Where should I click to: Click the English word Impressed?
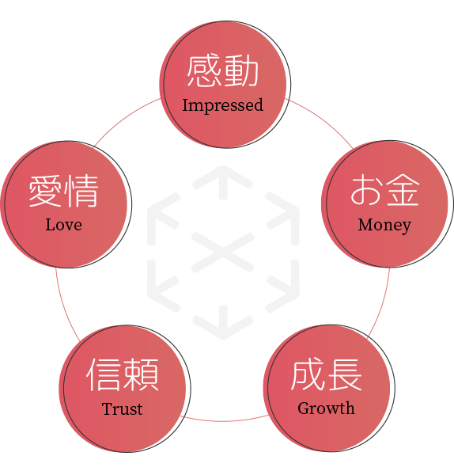(223, 106)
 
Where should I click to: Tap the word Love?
(63, 225)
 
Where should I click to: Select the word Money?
(384, 226)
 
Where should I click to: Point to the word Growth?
(326, 408)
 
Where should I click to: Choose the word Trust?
(122, 408)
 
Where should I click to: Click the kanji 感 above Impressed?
(204, 71)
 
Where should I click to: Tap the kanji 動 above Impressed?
(241, 71)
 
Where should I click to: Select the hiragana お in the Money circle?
(367, 190)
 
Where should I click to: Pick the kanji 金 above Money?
(402, 190)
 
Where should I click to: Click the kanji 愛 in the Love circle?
(46, 191)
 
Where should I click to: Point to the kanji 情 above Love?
(81, 191)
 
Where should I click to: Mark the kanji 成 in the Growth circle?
(308, 374)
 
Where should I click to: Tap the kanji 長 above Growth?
(344, 374)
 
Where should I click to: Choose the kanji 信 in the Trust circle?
(104, 374)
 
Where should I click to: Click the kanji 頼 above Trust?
(141, 374)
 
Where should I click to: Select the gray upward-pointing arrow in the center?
(223, 182)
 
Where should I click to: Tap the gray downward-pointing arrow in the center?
(223, 322)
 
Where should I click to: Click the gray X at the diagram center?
(223, 252)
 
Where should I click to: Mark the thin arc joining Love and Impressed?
(125, 117)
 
